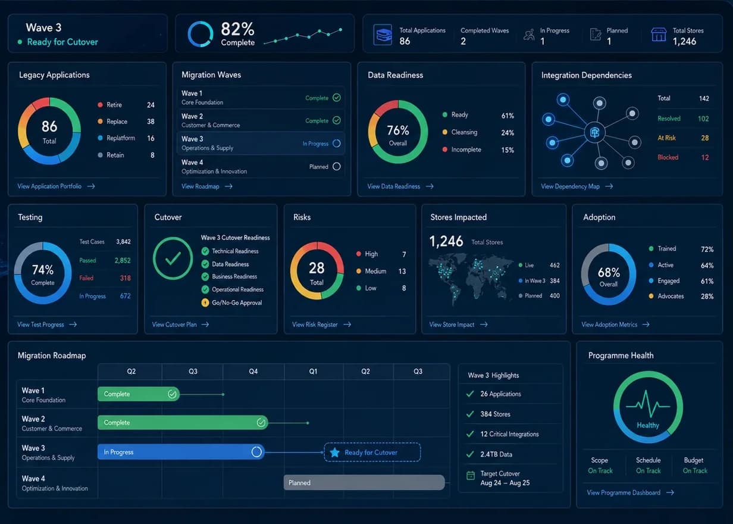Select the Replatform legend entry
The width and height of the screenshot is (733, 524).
(120, 138)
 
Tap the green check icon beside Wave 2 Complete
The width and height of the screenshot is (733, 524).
(336, 120)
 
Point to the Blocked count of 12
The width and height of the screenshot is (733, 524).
(705, 158)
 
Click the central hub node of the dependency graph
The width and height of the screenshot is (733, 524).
(594, 133)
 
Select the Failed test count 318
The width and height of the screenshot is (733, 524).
(126, 278)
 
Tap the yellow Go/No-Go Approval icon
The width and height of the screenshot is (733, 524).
(205, 302)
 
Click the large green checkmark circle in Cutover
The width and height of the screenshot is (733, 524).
(173, 258)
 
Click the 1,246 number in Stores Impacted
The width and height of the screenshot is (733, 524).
(446, 241)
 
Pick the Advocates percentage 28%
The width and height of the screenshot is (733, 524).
(707, 297)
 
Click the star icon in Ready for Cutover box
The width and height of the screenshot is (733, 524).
(334, 453)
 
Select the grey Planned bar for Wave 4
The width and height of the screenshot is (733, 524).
(364, 483)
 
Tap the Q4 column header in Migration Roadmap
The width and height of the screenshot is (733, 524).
(253, 372)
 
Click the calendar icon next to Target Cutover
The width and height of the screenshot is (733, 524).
(471, 475)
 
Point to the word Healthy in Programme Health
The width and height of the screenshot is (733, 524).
(647, 425)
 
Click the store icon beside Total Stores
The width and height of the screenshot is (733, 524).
(659, 35)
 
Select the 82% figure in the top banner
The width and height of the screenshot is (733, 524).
(237, 29)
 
